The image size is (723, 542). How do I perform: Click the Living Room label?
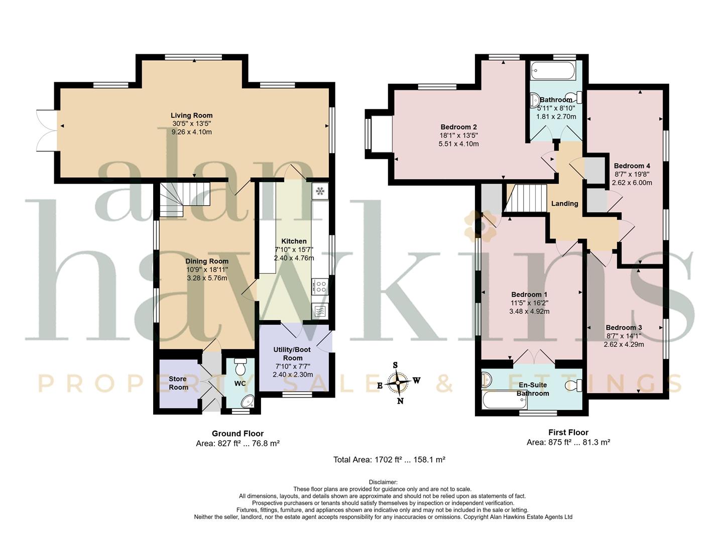pos(191,115)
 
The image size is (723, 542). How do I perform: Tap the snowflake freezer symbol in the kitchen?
pos(320,191)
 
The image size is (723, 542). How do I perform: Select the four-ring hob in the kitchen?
pos(320,286)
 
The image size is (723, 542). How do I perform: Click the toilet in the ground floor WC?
pos(240,366)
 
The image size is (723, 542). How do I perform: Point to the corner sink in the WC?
pos(248,401)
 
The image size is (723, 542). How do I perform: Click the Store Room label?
pos(178,383)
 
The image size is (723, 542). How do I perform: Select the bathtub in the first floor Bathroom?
pos(553,70)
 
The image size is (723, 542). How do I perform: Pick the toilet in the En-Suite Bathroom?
pos(574,385)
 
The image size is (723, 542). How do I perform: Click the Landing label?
pos(564,203)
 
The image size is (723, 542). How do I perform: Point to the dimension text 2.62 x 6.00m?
pos(632,183)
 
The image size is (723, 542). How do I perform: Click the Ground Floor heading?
pos(237,434)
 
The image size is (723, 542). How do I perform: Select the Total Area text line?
pos(389,459)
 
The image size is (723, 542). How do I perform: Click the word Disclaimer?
pos(383,482)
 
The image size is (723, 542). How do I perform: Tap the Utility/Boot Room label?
pos(293,353)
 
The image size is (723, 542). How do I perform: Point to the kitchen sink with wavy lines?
pos(320,311)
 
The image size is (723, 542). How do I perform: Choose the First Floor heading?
pos(568,432)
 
